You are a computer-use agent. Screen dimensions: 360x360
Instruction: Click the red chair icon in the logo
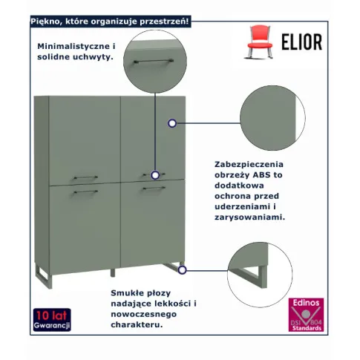[259, 42]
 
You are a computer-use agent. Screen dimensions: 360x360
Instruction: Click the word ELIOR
[302, 42]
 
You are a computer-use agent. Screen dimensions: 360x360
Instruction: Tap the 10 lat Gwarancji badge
[52, 320]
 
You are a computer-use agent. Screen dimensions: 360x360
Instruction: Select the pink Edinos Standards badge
[306, 315]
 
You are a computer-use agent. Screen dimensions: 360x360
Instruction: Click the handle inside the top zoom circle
[154, 61]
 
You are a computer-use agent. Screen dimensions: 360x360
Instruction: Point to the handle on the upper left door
[85, 177]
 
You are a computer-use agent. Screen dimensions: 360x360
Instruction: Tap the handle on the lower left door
[85, 192]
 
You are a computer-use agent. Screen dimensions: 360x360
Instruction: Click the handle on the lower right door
[154, 189]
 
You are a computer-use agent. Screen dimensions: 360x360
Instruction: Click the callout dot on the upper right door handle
[155, 175]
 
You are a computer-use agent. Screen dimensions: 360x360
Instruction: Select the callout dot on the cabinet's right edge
[172, 123]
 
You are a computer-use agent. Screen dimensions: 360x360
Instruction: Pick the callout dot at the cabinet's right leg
[182, 270]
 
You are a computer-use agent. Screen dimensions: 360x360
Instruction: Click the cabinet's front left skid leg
[44, 276]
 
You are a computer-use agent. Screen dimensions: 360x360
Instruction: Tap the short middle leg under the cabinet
[113, 272]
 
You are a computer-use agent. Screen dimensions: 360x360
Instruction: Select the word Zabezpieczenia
[249, 165]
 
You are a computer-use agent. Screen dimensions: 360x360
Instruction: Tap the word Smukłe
[128, 293]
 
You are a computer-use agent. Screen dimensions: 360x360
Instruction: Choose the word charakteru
[137, 324]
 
